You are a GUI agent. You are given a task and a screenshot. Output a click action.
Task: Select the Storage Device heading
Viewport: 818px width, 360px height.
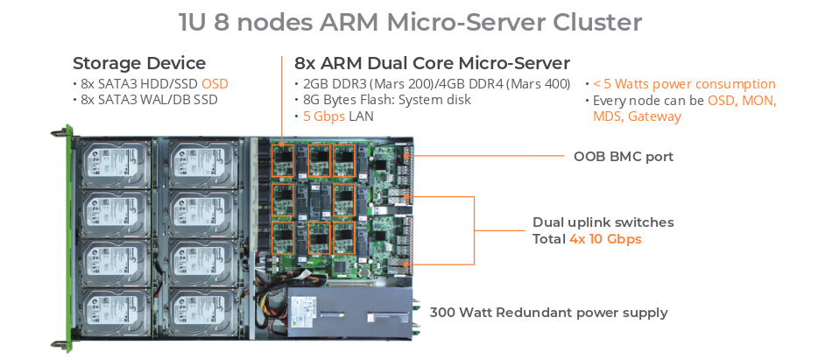pyautogui.click(x=139, y=63)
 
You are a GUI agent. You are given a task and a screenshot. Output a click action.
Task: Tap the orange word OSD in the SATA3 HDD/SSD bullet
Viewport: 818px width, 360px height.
pyautogui.click(x=215, y=84)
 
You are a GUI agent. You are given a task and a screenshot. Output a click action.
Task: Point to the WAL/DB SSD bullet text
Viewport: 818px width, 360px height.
pyautogui.click(x=149, y=100)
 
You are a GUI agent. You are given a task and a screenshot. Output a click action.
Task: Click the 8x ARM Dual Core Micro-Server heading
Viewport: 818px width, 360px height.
pyautogui.click(x=432, y=63)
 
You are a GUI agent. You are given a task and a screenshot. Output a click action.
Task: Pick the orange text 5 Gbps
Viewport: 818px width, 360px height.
pyautogui.click(x=324, y=116)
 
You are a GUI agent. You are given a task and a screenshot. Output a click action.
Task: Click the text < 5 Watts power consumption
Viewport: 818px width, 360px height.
pyautogui.click(x=684, y=84)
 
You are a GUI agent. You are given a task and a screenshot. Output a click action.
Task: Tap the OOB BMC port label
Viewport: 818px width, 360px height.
pyautogui.click(x=624, y=156)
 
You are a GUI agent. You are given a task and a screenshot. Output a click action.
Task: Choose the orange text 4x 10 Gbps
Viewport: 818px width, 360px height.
pyautogui.click(x=605, y=239)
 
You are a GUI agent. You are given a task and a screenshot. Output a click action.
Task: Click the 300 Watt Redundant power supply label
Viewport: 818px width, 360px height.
pyautogui.click(x=548, y=313)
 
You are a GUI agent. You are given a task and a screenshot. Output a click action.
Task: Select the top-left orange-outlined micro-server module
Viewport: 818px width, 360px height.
pyautogui.click(x=283, y=160)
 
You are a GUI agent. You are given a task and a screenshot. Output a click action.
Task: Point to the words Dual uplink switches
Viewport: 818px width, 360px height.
pyautogui.click(x=603, y=222)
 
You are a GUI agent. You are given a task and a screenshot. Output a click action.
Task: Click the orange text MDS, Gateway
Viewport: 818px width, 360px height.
pyautogui.click(x=637, y=116)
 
